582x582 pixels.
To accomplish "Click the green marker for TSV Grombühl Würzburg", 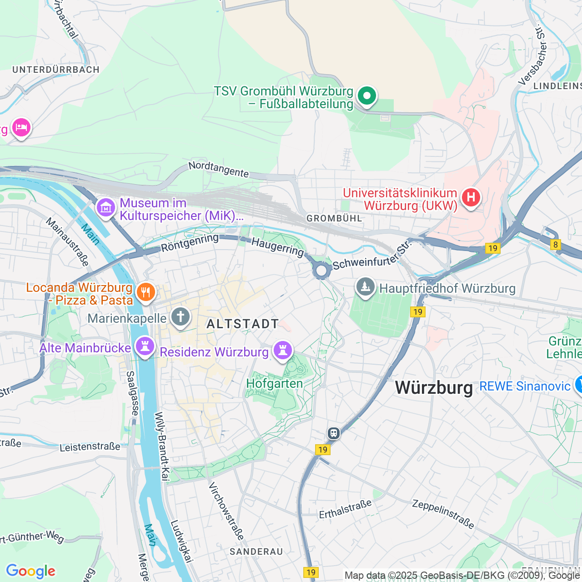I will click(x=366, y=95).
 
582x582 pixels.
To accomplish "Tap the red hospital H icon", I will click(x=471, y=197).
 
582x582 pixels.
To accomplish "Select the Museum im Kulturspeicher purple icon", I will click(x=106, y=208).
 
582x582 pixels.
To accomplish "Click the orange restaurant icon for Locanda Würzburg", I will click(x=145, y=292).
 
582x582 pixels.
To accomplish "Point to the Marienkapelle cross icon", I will click(x=180, y=316).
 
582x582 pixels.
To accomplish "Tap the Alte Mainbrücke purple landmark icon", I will click(x=145, y=346).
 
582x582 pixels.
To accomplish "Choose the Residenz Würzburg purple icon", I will click(x=283, y=350).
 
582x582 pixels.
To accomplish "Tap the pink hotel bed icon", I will click(x=21, y=127).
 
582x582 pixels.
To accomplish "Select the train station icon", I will click(x=334, y=433).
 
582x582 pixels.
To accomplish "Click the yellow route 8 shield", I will click(x=555, y=245).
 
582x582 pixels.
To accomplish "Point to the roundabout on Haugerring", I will click(x=321, y=271).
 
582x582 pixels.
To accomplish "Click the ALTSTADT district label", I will click(x=243, y=324).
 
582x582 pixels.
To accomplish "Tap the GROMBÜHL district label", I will click(x=334, y=218).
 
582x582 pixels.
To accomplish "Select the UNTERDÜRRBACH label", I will click(x=56, y=70).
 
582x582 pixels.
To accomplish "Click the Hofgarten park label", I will click(x=274, y=383).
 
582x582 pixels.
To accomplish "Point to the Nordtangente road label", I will click(x=219, y=169).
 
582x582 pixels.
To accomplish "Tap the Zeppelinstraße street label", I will click(x=443, y=514).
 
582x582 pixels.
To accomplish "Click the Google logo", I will click(x=31, y=571).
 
